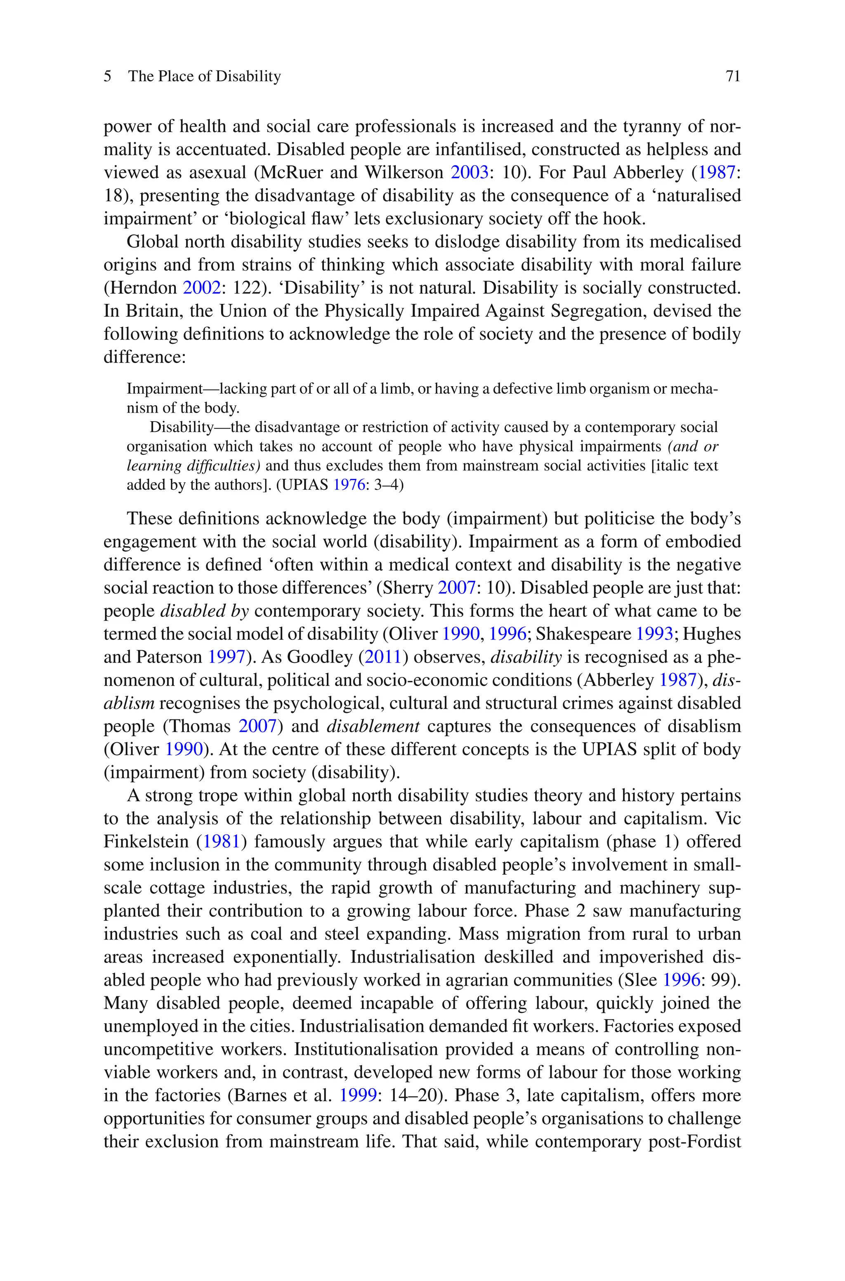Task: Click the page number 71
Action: point(733,76)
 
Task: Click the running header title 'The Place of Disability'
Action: point(204,76)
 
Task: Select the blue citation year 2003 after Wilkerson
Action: point(470,172)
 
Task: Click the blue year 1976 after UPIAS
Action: point(349,485)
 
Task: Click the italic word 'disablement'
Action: point(373,726)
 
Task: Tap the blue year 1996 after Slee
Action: point(681,980)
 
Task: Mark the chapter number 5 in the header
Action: point(108,76)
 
